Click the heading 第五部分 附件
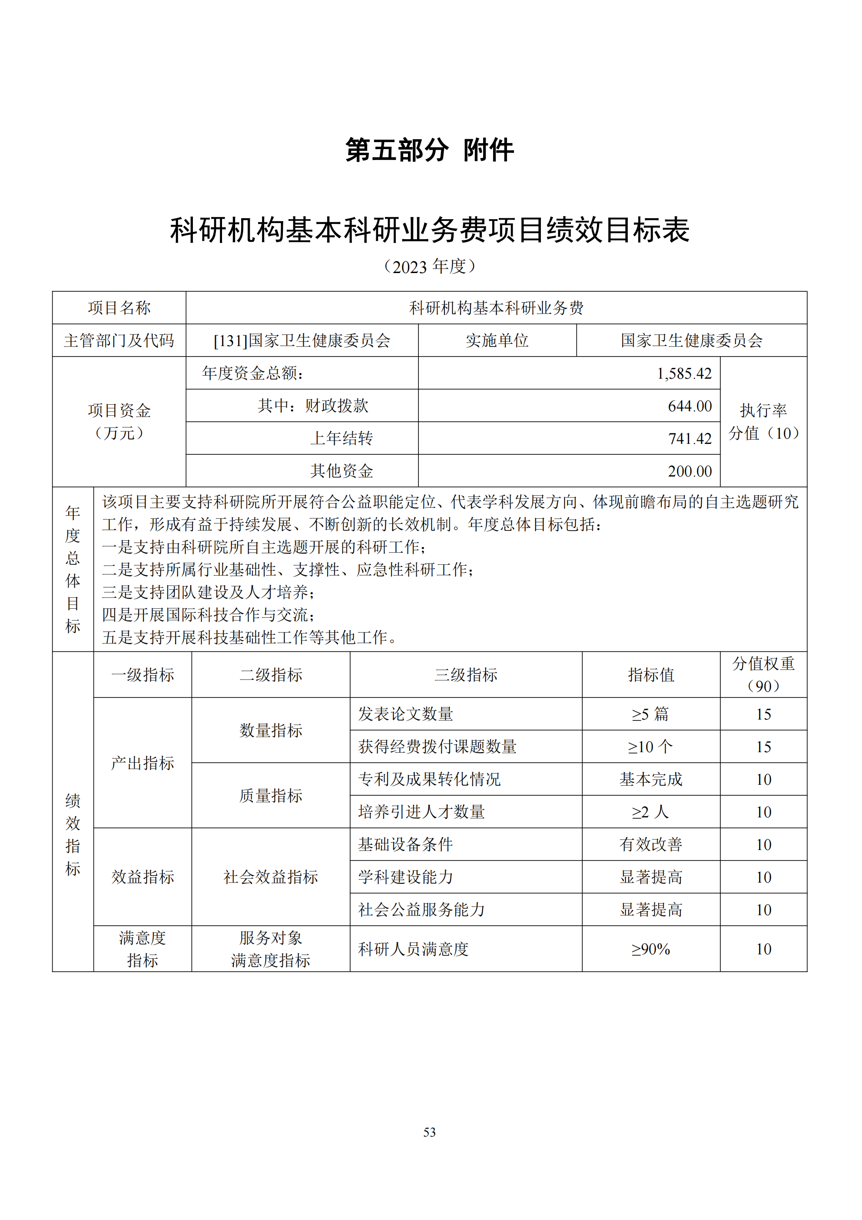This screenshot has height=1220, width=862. pyautogui.click(x=430, y=150)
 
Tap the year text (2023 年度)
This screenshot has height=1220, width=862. pyautogui.click(x=430, y=266)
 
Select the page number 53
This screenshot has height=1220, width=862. pyautogui.click(x=430, y=1132)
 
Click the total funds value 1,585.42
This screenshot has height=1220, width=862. pyautogui.click(x=684, y=373)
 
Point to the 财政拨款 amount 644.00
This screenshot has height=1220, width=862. pyautogui.click(x=690, y=406)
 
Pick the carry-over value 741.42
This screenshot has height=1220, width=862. pyautogui.click(x=690, y=438)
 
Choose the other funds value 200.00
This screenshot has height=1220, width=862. pyautogui.click(x=690, y=471)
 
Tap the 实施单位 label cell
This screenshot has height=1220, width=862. pyautogui.click(x=497, y=340)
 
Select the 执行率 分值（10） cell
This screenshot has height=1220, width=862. pyautogui.click(x=763, y=421)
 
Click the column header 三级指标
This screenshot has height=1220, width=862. pyautogui.click(x=466, y=675)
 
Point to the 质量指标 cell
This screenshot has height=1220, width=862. pyautogui.click(x=270, y=796)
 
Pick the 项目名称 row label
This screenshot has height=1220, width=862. pyautogui.click(x=119, y=308)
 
